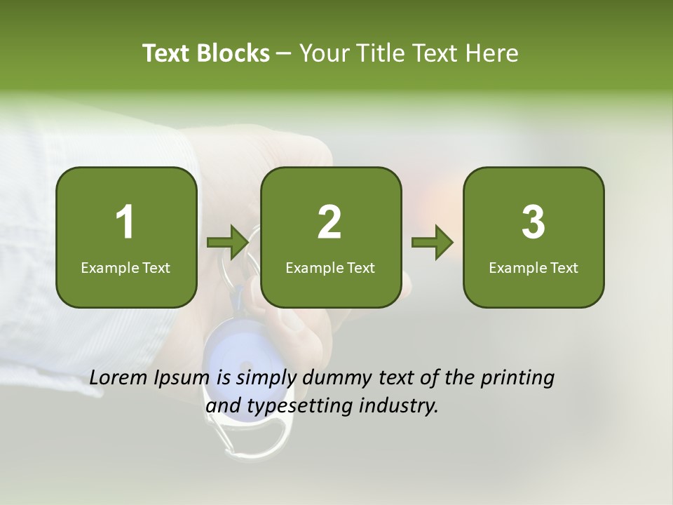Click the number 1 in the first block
point(125,222)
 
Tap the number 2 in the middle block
point(329,222)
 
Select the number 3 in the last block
point(533,222)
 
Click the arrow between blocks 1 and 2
point(229,243)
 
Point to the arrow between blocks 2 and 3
point(433,243)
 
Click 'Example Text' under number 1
point(125,267)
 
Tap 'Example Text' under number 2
point(330,267)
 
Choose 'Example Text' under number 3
point(533,267)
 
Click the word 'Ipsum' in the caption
point(182,379)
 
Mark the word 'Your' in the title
point(322,53)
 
